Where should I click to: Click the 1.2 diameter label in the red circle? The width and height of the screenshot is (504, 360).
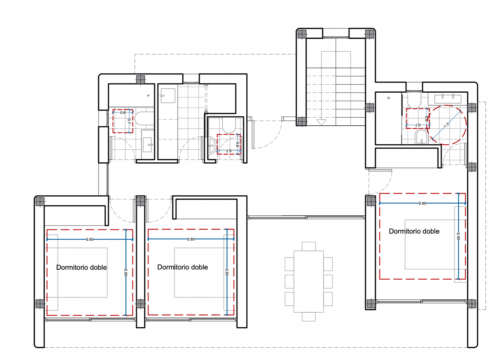[447, 124]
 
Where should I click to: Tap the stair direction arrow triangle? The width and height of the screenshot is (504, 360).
[321, 122]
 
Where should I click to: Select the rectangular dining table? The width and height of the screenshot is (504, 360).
[308, 281]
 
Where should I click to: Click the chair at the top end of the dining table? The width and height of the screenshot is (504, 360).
[309, 246]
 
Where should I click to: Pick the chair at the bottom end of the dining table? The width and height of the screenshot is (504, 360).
[309, 317]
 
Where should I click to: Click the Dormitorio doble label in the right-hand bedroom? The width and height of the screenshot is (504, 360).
[414, 231]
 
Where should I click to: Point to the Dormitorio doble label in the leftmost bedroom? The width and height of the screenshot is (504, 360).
[81, 267]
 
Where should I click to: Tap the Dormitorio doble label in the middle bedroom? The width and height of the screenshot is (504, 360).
[182, 267]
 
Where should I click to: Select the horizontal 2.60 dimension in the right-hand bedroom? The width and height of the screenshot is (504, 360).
[422, 203]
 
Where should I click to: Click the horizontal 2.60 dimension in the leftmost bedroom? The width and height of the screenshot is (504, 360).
[90, 239]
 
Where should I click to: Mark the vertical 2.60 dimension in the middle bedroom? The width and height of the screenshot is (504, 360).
[227, 272]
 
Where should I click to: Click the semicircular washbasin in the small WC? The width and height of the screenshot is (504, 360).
[211, 146]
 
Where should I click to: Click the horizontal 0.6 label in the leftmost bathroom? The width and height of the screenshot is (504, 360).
[123, 113]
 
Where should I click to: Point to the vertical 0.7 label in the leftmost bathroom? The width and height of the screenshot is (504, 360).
[129, 121]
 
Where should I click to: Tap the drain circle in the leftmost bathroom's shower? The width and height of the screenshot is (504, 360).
[148, 95]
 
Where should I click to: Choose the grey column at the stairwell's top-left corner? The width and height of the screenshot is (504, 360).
[302, 34]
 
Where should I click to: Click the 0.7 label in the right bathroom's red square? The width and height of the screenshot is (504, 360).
[418, 124]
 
